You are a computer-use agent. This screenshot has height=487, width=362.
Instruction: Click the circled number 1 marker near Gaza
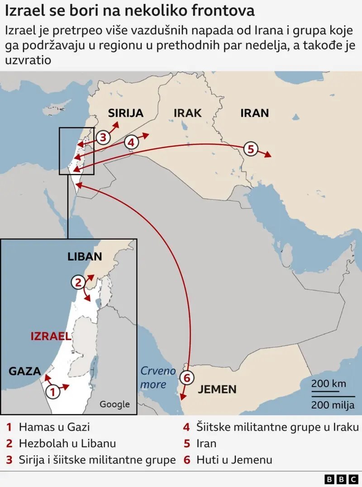pyautogui.click(x=52, y=391)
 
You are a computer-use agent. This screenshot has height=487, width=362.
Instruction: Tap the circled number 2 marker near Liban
pyautogui.click(x=78, y=283)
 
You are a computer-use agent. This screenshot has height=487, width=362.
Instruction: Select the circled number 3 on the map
pyautogui.click(x=103, y=137)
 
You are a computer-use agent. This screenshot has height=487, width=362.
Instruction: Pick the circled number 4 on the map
pyautogui.click(x=131, y=142)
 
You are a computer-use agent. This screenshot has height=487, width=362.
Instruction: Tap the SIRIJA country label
pyautogui.click(x=126, y=113)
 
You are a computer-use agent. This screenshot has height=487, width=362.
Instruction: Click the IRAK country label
pyautogui.click(x=187, y=113)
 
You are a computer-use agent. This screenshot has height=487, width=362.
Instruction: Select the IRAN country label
pyautogui.click(x=254, y=113)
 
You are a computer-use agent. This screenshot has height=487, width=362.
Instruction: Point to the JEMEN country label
pyautogui.click(x=217, y=389)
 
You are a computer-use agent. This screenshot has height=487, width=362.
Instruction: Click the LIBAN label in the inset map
pyautogui.click(x=85, y=256)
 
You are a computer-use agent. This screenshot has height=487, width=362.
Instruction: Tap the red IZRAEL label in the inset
pyautogui.click(x=51, y=336)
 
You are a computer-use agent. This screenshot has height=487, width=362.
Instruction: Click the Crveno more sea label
pyautogui.click(x=157, y=378)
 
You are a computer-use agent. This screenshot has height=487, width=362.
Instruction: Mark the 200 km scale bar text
pyautogui.click(x=329, y=384)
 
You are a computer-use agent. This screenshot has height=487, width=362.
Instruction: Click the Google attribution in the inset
pyautogui.click(x=114, y=404)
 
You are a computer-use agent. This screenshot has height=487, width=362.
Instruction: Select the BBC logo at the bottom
pyautogui.click(x=341, y=478)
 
